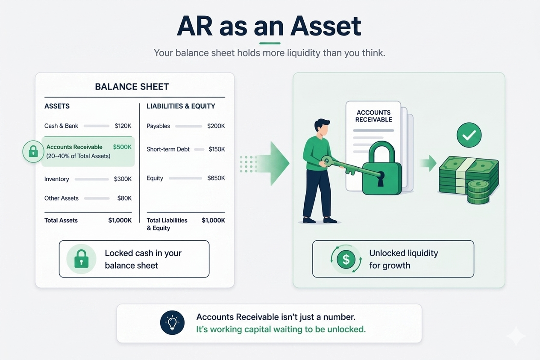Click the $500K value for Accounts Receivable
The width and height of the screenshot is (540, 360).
(122, 147)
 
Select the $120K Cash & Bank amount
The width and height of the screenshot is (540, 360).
(123, 126)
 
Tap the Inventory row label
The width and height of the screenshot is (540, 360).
(56, 179)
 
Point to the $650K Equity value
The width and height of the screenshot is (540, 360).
(216, 178)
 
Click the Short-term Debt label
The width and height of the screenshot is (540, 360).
(168, 149)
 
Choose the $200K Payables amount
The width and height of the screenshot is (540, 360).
(216, 126)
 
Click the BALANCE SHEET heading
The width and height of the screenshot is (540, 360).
(132, 87)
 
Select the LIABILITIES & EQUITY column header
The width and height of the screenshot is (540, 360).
(181, 106)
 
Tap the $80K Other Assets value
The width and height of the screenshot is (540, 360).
(124, 198)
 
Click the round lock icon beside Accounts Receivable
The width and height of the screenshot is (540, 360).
(33, 151)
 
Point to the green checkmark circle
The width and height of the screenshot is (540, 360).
(469, 135)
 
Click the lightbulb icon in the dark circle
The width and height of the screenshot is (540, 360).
(172, 323)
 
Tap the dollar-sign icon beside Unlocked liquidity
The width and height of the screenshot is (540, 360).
(346, 259)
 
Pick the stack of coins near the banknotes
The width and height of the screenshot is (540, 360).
(478, 192)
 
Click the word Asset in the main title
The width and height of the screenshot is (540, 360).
(326, 27)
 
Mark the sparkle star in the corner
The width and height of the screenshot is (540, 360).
(516, 336)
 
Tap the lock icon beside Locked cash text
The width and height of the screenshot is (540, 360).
(81, 259)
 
